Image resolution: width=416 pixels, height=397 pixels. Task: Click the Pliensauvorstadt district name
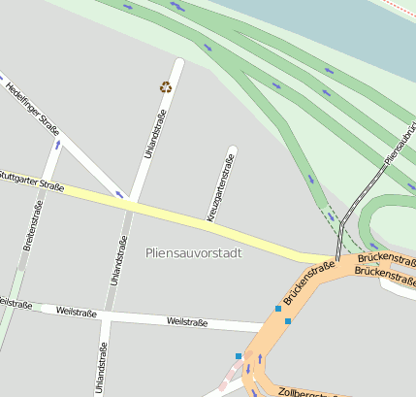pyautogui.click(x=193, y=252)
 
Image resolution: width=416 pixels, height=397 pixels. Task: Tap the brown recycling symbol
pyautogui.click(x=165, y=87)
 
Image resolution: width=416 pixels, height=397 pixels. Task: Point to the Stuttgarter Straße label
pyautogui.click(x=33, y=180)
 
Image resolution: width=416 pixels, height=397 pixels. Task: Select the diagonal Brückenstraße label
pyautogui.click(x=308, y=280)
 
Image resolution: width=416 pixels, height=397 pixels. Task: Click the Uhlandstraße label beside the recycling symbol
pyautogui.click(x=155, y=133)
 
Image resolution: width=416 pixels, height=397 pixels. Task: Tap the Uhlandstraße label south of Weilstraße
pyautogui.click(x=100, y=367)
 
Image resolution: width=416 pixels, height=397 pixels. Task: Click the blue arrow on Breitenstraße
pyautogui.click(x=57, y=145)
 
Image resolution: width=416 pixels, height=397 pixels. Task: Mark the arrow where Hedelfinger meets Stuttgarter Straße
pyautogui.click(x=120, y=194)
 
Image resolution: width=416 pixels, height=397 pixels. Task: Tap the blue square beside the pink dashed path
pyautogui.click(x=239, y=356)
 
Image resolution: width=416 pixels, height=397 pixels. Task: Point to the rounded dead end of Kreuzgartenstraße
pyautogui.click(x=232, y=150)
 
